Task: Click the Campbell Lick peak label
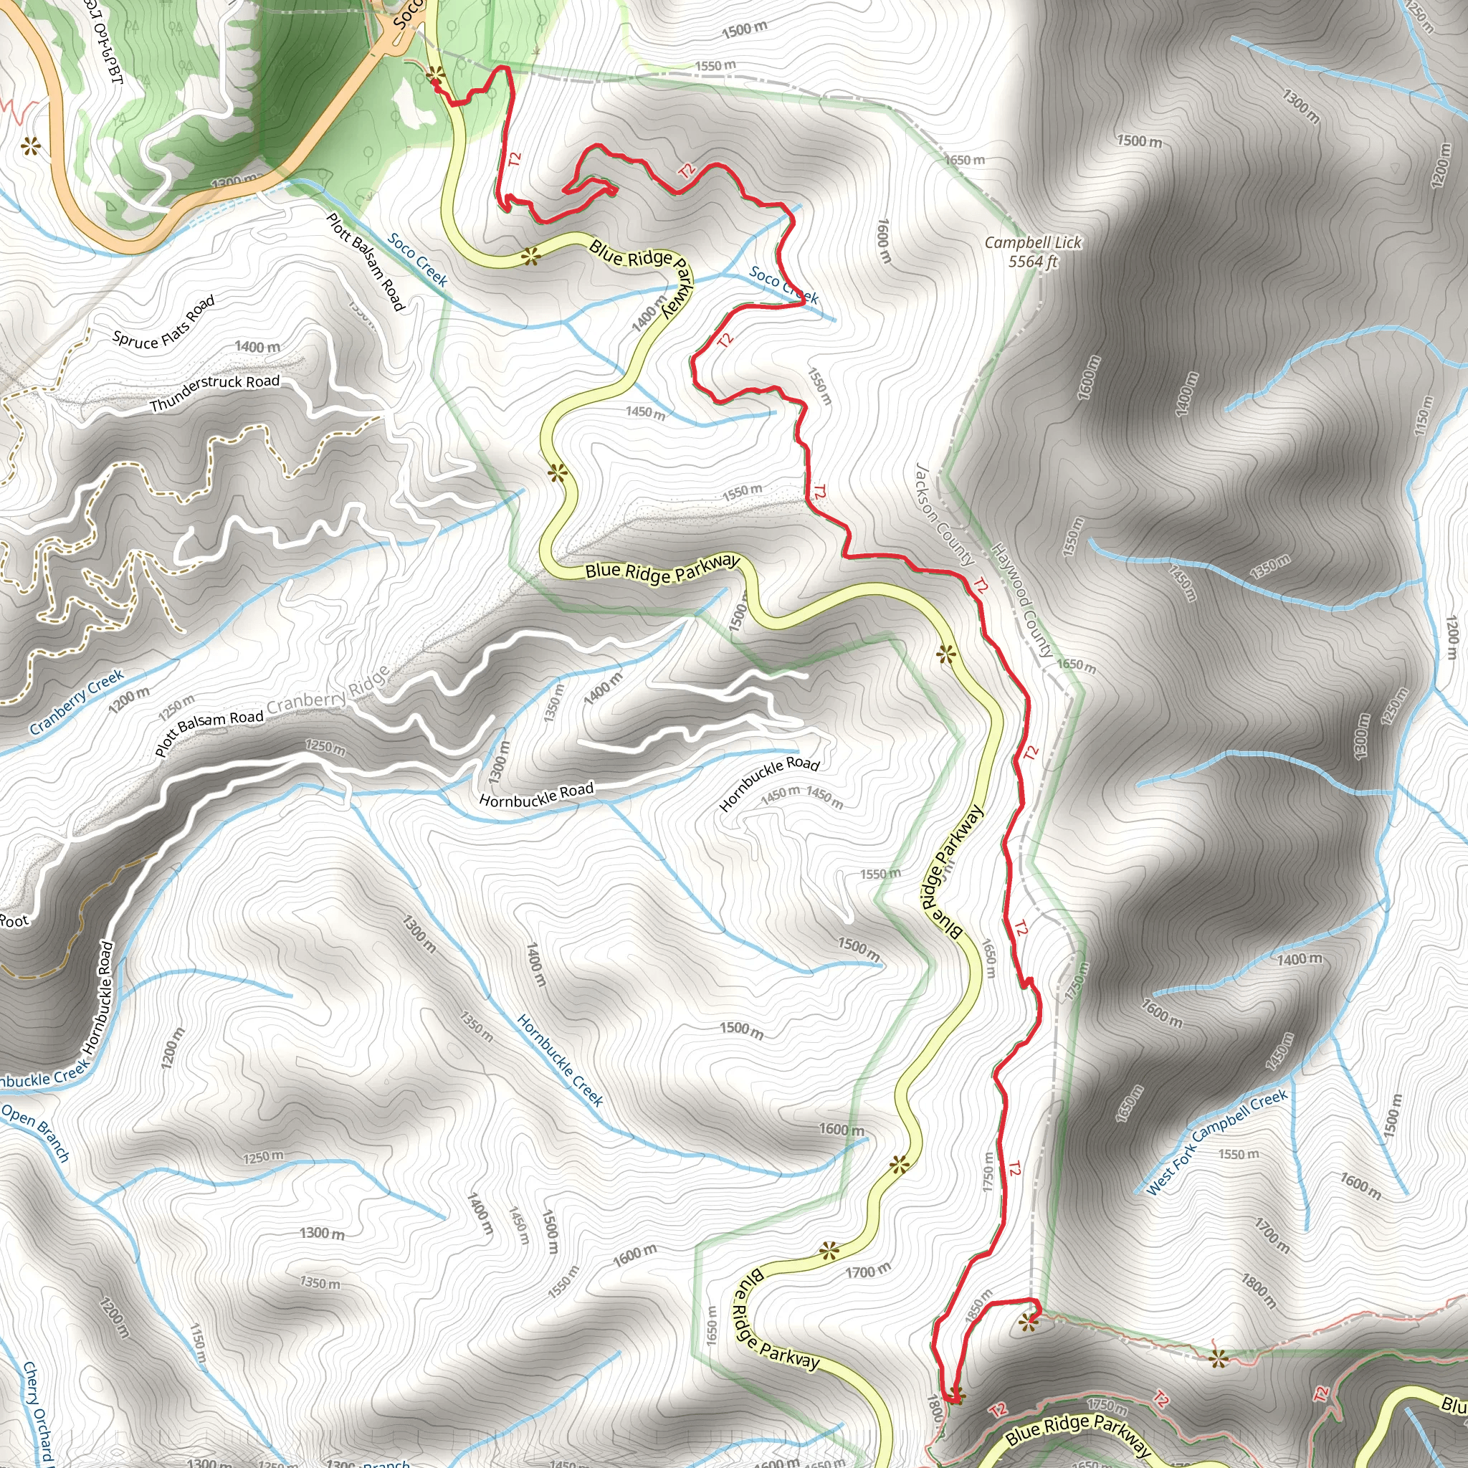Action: coord(1033,242)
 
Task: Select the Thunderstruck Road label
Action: coord(214,393)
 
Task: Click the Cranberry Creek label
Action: coord(76,702)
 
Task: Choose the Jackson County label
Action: coord(945,515)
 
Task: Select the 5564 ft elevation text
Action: coord(1033,262)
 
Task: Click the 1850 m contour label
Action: coord(978,1306)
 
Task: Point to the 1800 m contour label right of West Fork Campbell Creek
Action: coord(1258,1290)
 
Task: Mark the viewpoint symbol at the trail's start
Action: coord(435,75)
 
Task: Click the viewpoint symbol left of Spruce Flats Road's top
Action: coord(30,146)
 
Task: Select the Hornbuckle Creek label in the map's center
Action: coord(560,1060)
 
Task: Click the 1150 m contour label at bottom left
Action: coord(198,1347)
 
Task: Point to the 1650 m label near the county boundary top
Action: coord(964,160)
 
